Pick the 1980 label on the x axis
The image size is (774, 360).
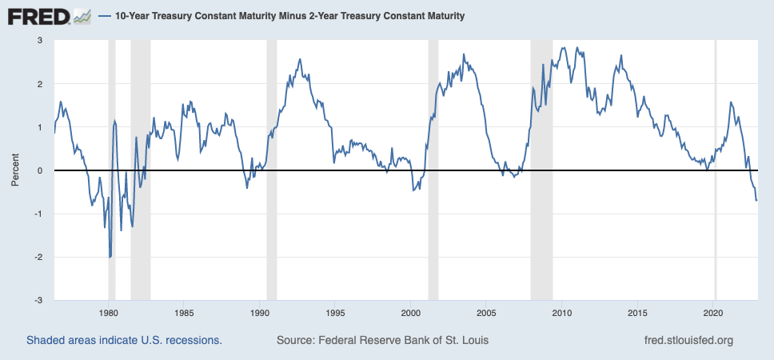(109, 313)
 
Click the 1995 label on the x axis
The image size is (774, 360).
(336, 313)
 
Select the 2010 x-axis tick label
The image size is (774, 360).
(562, 313)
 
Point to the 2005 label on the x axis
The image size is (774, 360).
(487, 313)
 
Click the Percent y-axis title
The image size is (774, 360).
(15, 170)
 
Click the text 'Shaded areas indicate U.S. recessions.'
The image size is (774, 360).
(124, 340)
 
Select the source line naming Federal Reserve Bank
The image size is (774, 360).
(382, 340)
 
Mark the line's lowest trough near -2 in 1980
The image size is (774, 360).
(110, 257)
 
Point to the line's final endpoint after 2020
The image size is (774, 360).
(757, 200)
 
